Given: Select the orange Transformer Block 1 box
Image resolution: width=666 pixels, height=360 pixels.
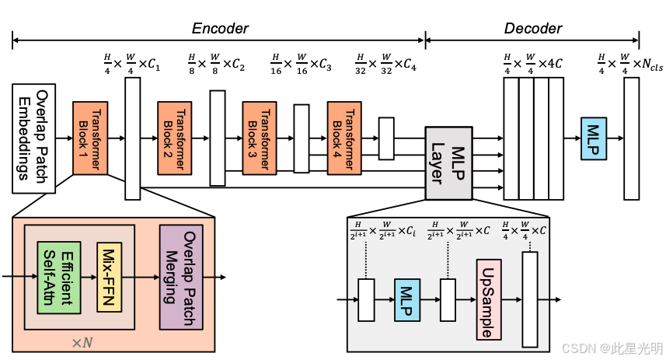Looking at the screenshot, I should [x=90, y=138].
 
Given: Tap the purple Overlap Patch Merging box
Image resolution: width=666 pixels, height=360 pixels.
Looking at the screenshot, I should [x=181, y=276].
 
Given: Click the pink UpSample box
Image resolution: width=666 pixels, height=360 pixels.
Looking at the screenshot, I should [x=487, y=299].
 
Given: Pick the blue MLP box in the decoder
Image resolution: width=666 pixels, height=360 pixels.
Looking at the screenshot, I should [x=595, y=138].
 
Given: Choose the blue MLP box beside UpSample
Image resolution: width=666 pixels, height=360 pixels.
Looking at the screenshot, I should [x=406, y=299].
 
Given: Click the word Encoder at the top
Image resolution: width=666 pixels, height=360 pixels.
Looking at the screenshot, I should [x=220, y=28].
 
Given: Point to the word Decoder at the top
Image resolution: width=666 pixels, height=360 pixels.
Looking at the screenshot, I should [x=532, y=28].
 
